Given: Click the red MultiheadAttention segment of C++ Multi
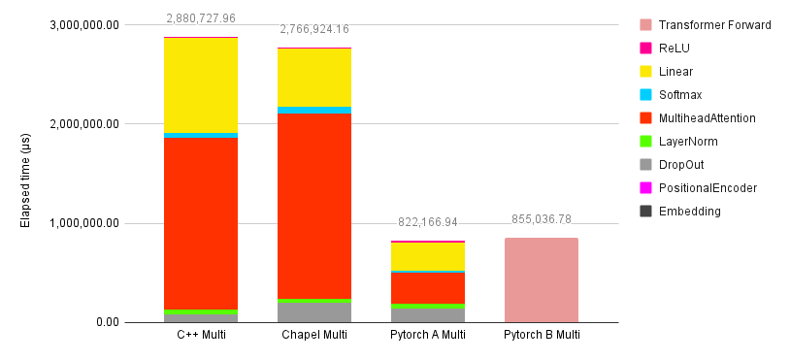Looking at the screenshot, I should point(201,223).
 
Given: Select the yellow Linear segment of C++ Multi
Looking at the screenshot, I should point(201,85).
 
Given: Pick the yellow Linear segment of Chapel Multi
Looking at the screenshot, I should point(314,78).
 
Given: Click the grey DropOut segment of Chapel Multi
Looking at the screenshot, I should point(314,312).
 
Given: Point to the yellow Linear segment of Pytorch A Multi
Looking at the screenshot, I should point(428,256).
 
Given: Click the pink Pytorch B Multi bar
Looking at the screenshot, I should point(542,280).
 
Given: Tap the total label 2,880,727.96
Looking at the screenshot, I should point(201,18).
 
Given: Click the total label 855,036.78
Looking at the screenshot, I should point(542,219).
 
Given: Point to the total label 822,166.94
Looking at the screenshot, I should point(428,222).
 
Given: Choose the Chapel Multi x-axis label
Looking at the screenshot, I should point(314,336).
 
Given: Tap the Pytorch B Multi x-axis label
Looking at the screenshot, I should point(542,336).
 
